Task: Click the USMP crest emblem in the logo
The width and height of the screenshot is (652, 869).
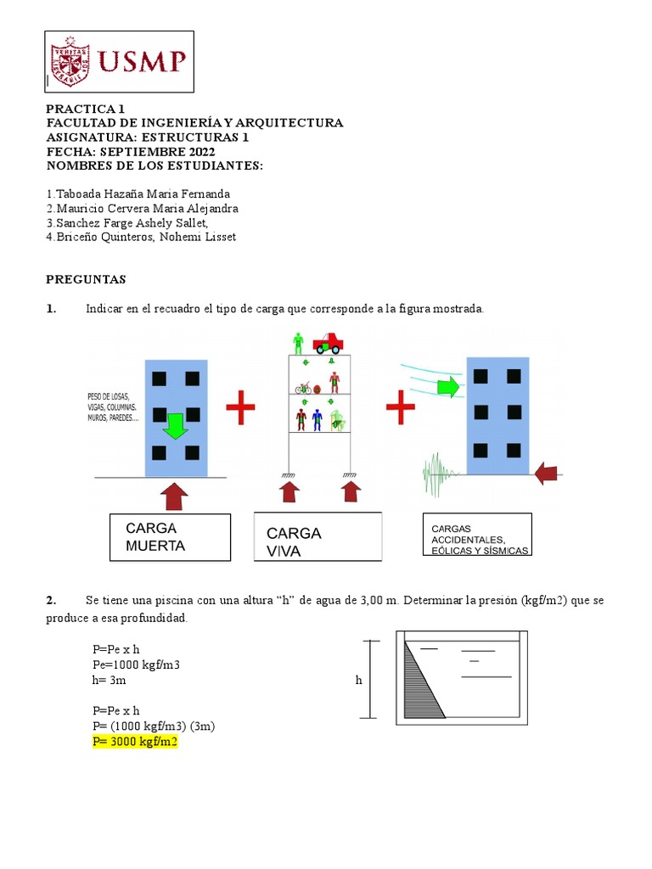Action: tap(71, 61)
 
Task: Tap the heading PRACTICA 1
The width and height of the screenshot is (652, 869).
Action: tap(85, 109)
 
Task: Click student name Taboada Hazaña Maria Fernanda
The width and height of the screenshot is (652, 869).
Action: tap(138, 194)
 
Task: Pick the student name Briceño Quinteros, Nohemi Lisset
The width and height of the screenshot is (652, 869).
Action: tap(141, 238)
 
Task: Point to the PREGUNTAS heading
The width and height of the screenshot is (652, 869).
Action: tap(86, 279)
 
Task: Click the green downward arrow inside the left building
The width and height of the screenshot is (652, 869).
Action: tap(175, 424)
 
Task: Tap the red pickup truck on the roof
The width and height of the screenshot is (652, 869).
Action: tap(328, 342)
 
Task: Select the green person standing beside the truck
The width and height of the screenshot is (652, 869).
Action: tap(298, 343)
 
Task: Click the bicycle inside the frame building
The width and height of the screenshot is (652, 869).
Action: tap(303, 388)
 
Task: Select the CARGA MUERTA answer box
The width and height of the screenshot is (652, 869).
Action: tap(170, 537)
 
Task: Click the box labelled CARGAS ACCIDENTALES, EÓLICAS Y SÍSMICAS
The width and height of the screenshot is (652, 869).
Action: tap(477, 535)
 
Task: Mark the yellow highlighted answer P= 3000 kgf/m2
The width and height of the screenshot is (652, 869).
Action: tap(136, 742)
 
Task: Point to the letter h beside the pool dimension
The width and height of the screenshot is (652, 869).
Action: tap(358, 680)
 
